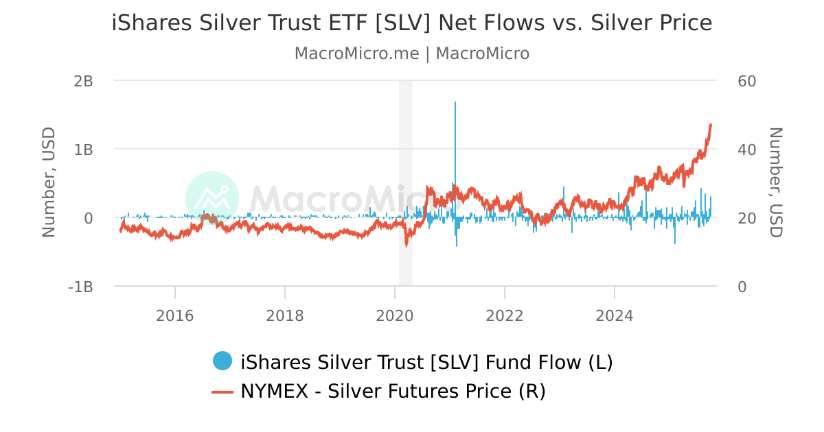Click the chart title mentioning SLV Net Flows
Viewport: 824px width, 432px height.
tap(412, 23)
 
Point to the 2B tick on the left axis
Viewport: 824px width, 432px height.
tap(83, 81)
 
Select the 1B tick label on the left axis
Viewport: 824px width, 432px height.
tap(83, 149)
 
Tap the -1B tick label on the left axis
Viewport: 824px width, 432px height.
tap(80, 287)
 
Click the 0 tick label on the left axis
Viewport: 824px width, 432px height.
tap(88, 218)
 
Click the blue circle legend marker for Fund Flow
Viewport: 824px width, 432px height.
tap(222, 361)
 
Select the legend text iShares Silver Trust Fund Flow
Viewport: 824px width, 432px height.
tap(426, 362)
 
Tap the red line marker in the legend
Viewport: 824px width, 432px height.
tap(222, 392)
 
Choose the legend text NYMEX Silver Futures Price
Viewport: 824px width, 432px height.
tap(393, 392)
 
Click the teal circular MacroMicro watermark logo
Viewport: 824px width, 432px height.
tap(212, 198)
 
